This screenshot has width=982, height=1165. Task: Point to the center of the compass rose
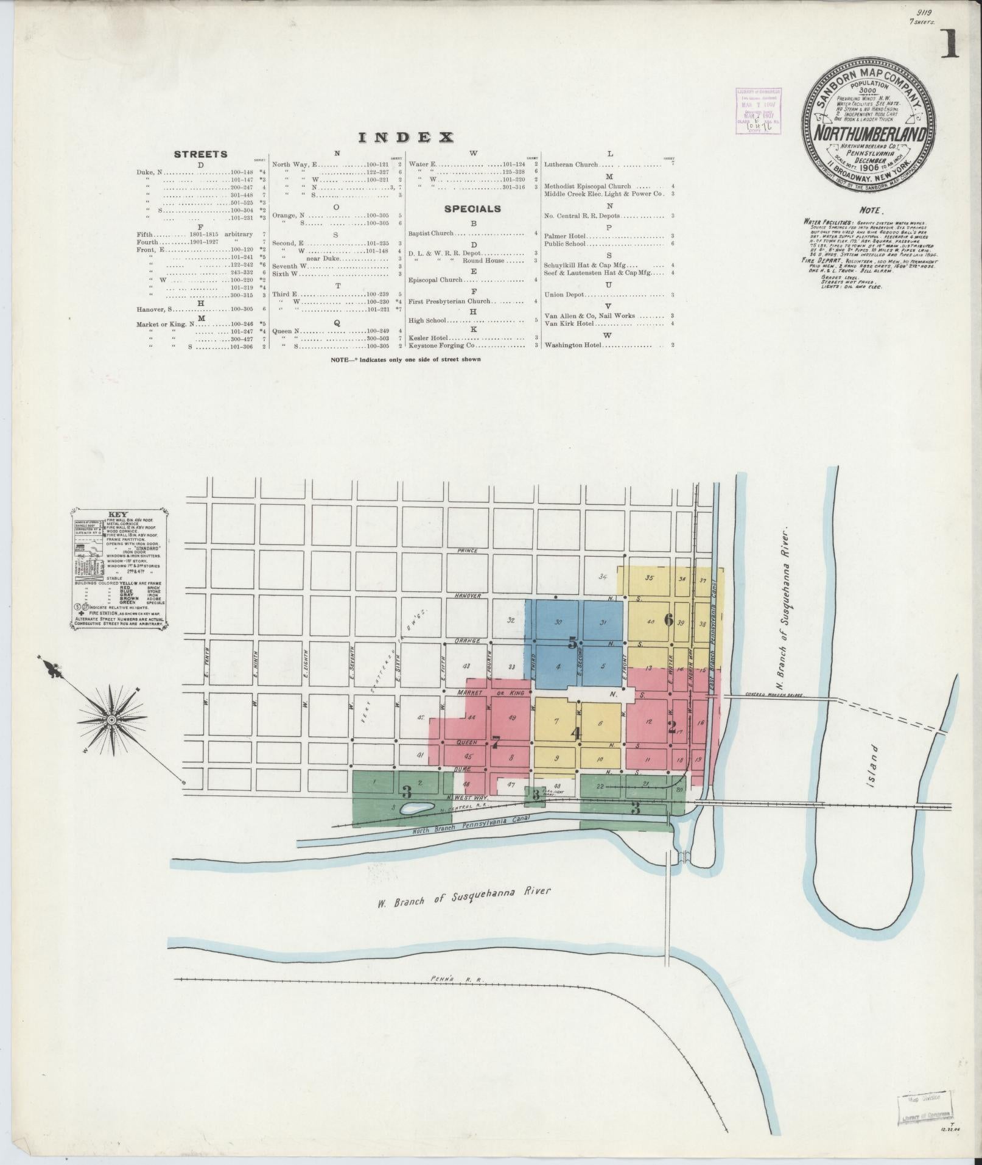click(x=112, y=720)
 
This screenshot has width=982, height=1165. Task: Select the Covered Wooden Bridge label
click(x=773, y=695)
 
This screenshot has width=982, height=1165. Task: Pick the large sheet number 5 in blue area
click(x=572, y=643)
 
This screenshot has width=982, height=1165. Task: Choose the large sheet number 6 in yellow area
click(x=668, y=620)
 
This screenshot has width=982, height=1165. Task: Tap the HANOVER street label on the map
click(x=467, y=596)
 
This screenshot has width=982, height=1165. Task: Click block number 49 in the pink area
click(x=512, y=718)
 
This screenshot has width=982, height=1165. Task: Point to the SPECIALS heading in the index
click(x=472, y=209)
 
